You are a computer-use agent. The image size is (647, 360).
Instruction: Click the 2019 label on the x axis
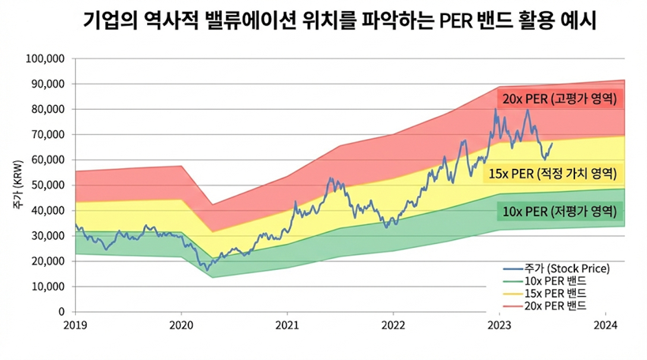click(x=75, y=324)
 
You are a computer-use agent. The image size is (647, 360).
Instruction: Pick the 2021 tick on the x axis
click(x=287, y=324)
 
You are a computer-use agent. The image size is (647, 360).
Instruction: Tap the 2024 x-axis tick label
click(x=605, y=324)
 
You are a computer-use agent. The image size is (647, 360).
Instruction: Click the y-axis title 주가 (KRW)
click(x=17, y=186)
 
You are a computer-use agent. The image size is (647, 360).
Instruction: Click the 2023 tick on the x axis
click(x=499, y=324)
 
